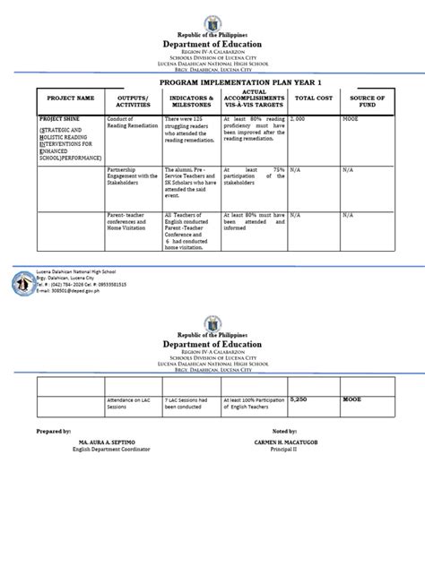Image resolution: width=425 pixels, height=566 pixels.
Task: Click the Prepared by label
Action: click(x=53, y=455)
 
